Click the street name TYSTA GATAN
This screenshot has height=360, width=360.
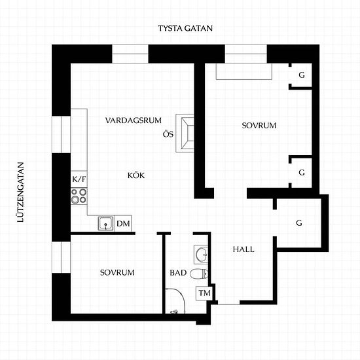click(x=185, y=28)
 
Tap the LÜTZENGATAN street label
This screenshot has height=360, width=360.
click(x=21, y=192)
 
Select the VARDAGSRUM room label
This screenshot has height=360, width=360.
click(x=134, y=120)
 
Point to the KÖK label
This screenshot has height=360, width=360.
click(x=136, y=175)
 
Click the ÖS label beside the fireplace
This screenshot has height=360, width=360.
click(x=168, y=134)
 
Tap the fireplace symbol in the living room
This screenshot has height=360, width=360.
click(x=185, y=133)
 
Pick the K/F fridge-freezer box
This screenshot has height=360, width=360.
click(x=79, y=179)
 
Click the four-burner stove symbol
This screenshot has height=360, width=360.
click(x=79, y=196)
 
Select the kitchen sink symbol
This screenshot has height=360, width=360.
click(x=106, y=223)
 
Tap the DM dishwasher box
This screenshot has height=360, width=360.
click(x=123, y=223)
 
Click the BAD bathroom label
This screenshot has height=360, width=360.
click(x=178, y=273)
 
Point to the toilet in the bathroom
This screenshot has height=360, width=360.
click(x=199, y=274)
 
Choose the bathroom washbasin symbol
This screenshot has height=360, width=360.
click(x=201, y=255)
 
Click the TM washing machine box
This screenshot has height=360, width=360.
click(x=204, y=293)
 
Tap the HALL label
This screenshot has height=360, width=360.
click(x=243, y=249)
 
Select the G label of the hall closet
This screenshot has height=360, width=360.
click(x=299, y=223)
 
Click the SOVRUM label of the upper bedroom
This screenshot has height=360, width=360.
click(x=259, y=126)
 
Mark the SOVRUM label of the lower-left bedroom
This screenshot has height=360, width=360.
click(x=117, y=272)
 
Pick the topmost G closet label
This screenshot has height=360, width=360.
click(x=302, y=75)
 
